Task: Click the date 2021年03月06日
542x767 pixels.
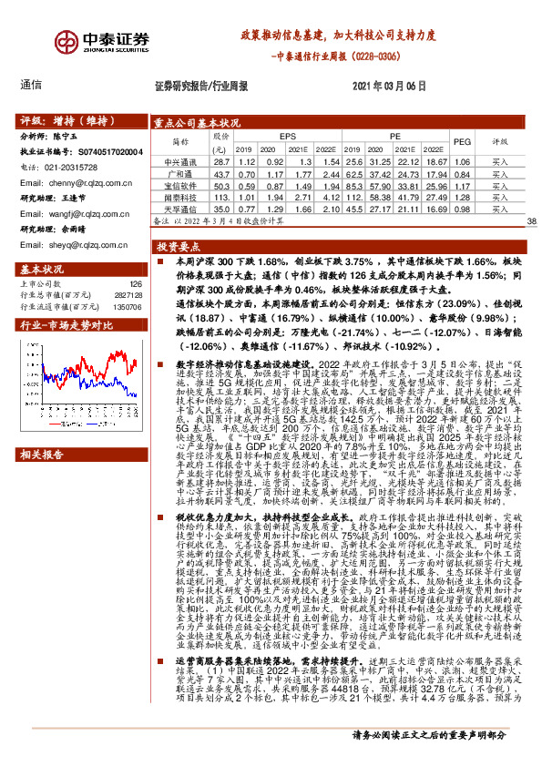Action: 387,85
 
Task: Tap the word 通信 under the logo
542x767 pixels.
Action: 31,85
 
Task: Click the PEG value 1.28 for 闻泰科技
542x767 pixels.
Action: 462,197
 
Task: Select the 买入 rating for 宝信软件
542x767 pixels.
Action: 499,185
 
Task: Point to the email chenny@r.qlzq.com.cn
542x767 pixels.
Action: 81,182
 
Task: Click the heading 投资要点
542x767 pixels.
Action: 178,247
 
